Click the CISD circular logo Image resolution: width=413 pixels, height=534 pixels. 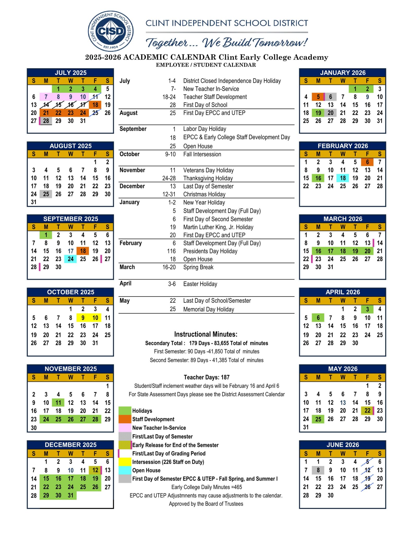[x=111, y=31]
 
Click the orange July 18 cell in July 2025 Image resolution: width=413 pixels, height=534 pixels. [x=95, y=105]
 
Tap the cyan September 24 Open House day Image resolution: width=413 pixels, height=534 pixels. [x=70, y=259]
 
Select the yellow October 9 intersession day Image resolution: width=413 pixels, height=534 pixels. [x=83, y=318]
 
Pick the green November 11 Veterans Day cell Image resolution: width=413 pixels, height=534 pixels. [x=58, y=403]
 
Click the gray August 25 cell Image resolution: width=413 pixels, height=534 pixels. [x=46, y=194]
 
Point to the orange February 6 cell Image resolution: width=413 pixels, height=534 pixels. [x=367, y=162]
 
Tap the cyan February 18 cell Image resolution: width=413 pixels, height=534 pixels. [x=343, y=178]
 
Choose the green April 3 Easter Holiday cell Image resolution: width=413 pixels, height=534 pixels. [x=367, y=309]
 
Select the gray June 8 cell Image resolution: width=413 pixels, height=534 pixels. [x=318, y=470]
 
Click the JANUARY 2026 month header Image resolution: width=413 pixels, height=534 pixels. [x=343, y=73]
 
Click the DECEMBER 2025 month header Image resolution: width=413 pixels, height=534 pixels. [x=70, y=445]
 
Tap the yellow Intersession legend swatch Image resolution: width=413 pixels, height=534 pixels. [x=125, y=462]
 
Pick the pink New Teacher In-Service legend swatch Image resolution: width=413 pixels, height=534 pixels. [x=125, y=428]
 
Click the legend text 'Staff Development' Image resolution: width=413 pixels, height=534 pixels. [x=153, y=419]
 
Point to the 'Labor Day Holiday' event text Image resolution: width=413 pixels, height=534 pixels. [x=205, y=129]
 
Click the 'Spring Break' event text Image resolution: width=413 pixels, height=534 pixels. [x=198, y=267]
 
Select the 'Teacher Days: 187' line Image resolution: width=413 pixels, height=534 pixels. [x=206, y=377]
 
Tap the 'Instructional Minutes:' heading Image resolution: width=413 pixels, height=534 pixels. [x=206, y=334]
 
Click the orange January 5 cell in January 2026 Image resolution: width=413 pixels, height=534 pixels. [x=318, y=97]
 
